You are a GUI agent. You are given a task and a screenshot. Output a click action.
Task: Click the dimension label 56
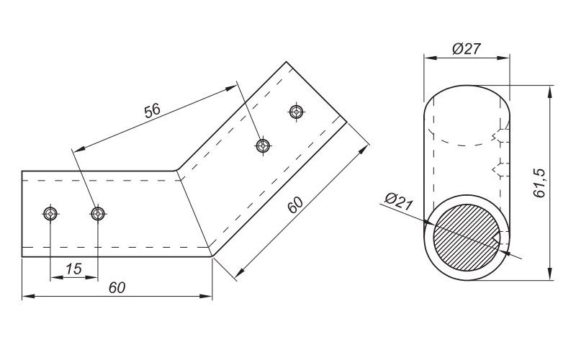(153, 111)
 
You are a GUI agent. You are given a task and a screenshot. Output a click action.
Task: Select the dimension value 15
(73, 269)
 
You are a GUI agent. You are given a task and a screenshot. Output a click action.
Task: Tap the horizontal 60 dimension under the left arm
(117, 287)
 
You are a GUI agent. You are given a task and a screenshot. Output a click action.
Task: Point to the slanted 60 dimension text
(295, 205)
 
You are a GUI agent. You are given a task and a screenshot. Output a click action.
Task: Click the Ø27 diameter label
(467, 48)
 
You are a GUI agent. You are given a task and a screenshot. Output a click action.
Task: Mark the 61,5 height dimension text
(539, 184)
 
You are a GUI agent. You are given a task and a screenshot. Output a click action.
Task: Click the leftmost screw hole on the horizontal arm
(50, 213)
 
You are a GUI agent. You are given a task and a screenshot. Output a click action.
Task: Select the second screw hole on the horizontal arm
(98, 213)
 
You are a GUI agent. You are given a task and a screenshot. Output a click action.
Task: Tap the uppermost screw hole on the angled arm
(297, 112)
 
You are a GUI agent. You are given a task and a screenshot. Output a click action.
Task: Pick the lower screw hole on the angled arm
(263, 145)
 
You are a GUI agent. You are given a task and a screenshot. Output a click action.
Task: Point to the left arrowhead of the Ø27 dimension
(429, 58)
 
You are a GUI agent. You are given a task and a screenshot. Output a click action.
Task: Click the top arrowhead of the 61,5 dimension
(550, 92)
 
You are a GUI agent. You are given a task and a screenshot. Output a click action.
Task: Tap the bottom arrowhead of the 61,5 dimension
(550, 274)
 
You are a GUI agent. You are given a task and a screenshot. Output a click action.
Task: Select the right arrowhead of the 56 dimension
(231, 89)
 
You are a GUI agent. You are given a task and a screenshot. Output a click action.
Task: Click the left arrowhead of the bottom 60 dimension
(28, 296)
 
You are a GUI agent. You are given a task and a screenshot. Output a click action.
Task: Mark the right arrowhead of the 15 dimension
(92, 277)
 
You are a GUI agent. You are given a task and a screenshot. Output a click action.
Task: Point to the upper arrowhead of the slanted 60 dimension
(364, 150)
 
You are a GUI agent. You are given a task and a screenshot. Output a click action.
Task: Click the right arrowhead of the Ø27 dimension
(503, 58)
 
